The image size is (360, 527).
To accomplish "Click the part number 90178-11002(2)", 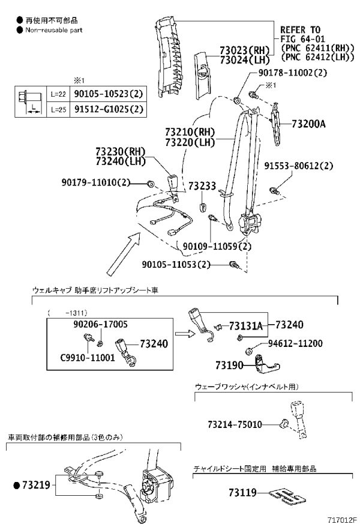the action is [x=293, y=72].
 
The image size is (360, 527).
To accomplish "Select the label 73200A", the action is [x=308, y=124].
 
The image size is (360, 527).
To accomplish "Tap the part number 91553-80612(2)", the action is [x=299, y=166].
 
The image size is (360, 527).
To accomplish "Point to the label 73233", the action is [x=202, y=186].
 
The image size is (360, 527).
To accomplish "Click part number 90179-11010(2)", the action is [x=96, y=182].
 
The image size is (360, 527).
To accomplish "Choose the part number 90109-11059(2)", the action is [x=217, y=246].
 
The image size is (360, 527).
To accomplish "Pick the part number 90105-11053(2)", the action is [x=176, y=265].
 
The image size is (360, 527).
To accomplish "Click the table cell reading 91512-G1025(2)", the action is [x=109, y=109].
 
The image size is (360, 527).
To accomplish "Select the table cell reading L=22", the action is [x=58, y=94].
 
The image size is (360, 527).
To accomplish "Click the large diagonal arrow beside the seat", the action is [x=124, y=253].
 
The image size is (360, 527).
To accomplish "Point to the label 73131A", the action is [x=246, y=326].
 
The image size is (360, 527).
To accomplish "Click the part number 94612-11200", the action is [x=295, y=343].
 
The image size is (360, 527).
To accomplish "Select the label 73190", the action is [x=229, y=365].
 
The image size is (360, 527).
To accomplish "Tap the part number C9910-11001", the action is [x=88, y=357].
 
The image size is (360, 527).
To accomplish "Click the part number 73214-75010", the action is [x=235, y=424].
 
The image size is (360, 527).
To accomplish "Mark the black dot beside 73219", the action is [x=16, y=485].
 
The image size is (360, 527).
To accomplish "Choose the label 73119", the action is [x=242, y=492].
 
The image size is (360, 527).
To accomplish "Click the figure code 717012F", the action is [x=341, y=520].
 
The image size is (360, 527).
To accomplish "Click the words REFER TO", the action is [x=300, y=30].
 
